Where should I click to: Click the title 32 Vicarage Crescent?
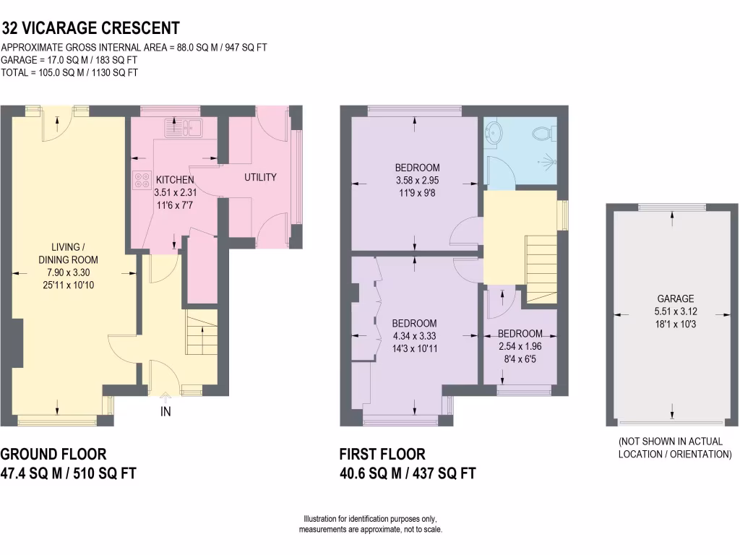[x=90, y=29]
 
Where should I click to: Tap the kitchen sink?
[x=184, y=129]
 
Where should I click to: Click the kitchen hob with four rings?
[x=139, y=180]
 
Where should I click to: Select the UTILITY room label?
[x=260, y=178]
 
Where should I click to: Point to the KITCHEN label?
[x=175, y=180]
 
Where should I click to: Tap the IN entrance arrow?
[x=165, y=413]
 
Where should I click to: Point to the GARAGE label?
[x=675, y=298]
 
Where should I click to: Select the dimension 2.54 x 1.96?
[x=520, y=346]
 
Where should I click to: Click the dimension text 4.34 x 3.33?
[x=414, y=336]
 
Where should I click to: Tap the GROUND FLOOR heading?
[x=53, y=454]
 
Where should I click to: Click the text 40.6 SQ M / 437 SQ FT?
[x=408, y=474]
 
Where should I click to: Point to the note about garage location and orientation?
[x=675, y=448]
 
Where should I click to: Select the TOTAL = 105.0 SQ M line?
[x=70, y=73]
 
